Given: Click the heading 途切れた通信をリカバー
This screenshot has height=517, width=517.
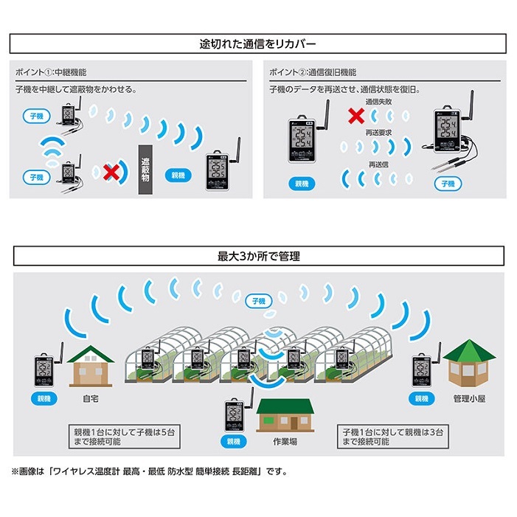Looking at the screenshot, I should [258, 43].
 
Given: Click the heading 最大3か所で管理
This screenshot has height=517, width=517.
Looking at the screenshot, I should [258, 257].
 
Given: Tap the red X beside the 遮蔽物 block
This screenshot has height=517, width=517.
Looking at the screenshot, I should [111, 173].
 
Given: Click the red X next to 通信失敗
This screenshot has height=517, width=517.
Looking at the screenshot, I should [356, 115].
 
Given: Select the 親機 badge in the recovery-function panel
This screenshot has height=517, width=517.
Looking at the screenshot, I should [302, 183].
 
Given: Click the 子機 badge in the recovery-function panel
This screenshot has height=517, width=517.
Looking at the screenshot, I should [448, 184].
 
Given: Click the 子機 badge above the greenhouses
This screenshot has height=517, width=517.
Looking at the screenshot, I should [258, 301].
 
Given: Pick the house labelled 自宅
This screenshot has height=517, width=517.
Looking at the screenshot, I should [91, 364].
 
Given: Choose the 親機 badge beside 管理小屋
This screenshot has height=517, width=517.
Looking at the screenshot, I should [423, 398].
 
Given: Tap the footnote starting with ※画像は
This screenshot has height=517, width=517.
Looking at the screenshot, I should [148, 471].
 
